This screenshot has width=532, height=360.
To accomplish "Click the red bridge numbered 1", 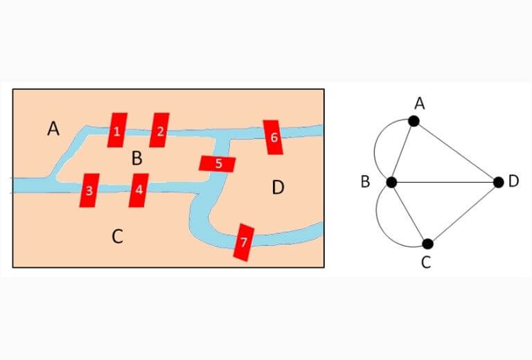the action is coord(117,130).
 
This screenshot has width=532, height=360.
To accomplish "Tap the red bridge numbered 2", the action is coord(159,130).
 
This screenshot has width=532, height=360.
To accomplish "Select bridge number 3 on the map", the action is coord(89,190).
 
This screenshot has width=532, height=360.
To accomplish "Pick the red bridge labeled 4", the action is coord(139,190).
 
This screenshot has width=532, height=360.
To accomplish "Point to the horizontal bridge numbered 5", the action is coord(217,163).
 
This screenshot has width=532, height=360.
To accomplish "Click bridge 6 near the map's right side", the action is coord(273,137).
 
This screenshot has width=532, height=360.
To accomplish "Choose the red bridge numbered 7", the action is coord(244,242).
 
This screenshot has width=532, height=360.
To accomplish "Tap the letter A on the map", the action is coord(53,129).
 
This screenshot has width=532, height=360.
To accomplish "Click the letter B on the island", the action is coord(136,159).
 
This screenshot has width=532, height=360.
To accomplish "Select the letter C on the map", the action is coord(117,236).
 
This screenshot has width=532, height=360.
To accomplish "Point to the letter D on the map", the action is coord(278,188).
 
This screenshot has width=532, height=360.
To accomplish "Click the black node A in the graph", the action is coord(414,121).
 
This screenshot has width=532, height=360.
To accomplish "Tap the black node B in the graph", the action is coord(391,182).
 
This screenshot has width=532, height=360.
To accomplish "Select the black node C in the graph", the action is coord(428,244).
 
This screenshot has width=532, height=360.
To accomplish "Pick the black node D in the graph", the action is coord(499,182).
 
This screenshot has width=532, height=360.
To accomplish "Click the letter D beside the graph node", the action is coord(514,181).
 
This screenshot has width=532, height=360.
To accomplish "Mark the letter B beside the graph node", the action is coord(365,182).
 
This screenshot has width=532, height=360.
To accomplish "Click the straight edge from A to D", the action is coord(456,152).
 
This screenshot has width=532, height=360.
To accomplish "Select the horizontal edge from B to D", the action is coord(445,182).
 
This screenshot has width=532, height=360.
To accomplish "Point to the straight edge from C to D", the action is coord(463,213).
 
